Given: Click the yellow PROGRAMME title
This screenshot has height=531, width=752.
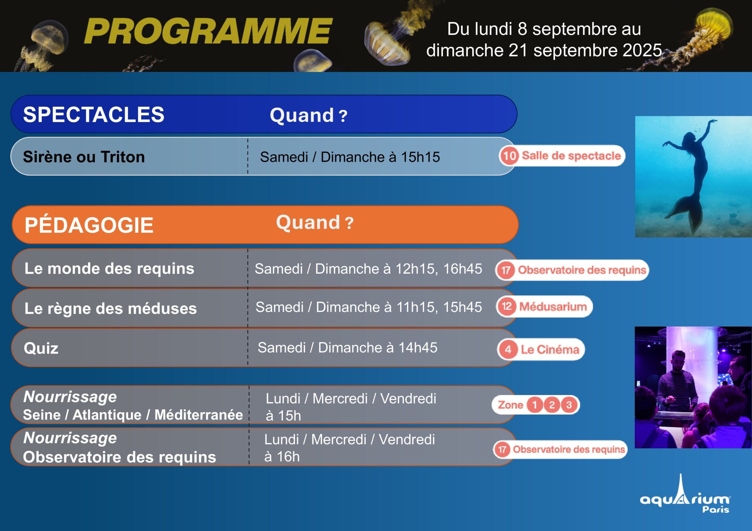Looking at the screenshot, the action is (x=208, y=31).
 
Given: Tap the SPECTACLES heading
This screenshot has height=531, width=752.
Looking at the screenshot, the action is (x=94, y=114).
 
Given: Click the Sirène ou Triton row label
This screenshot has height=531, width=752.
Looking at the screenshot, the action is (x=84, y=157).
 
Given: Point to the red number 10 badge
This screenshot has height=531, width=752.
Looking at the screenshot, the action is (x=509, y=156).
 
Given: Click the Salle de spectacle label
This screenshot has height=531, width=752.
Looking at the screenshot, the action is (x=571, y=156).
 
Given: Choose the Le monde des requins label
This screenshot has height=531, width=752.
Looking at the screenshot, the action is (x=109, y=269).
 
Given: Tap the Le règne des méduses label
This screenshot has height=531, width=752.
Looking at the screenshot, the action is (x=111, y=309).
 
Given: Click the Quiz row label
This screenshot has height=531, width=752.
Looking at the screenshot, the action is (x=41, y=348).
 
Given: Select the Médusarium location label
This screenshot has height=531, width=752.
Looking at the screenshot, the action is (x=553, y=307).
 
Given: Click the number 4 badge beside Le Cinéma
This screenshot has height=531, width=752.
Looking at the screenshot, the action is (x=508, y=349).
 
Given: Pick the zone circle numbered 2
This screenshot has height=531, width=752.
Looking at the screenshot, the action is (x=552, y=405).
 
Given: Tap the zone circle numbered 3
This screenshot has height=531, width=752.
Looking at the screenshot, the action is (x=569, y=405).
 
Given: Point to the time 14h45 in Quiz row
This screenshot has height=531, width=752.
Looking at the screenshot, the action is (x=418, y=348).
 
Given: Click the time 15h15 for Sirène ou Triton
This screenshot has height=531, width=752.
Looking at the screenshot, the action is (x=420, y=157).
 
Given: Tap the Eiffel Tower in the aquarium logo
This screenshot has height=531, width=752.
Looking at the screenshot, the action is (x=681, y=491).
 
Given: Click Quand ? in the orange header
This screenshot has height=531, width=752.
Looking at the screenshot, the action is (x=315, y=222).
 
